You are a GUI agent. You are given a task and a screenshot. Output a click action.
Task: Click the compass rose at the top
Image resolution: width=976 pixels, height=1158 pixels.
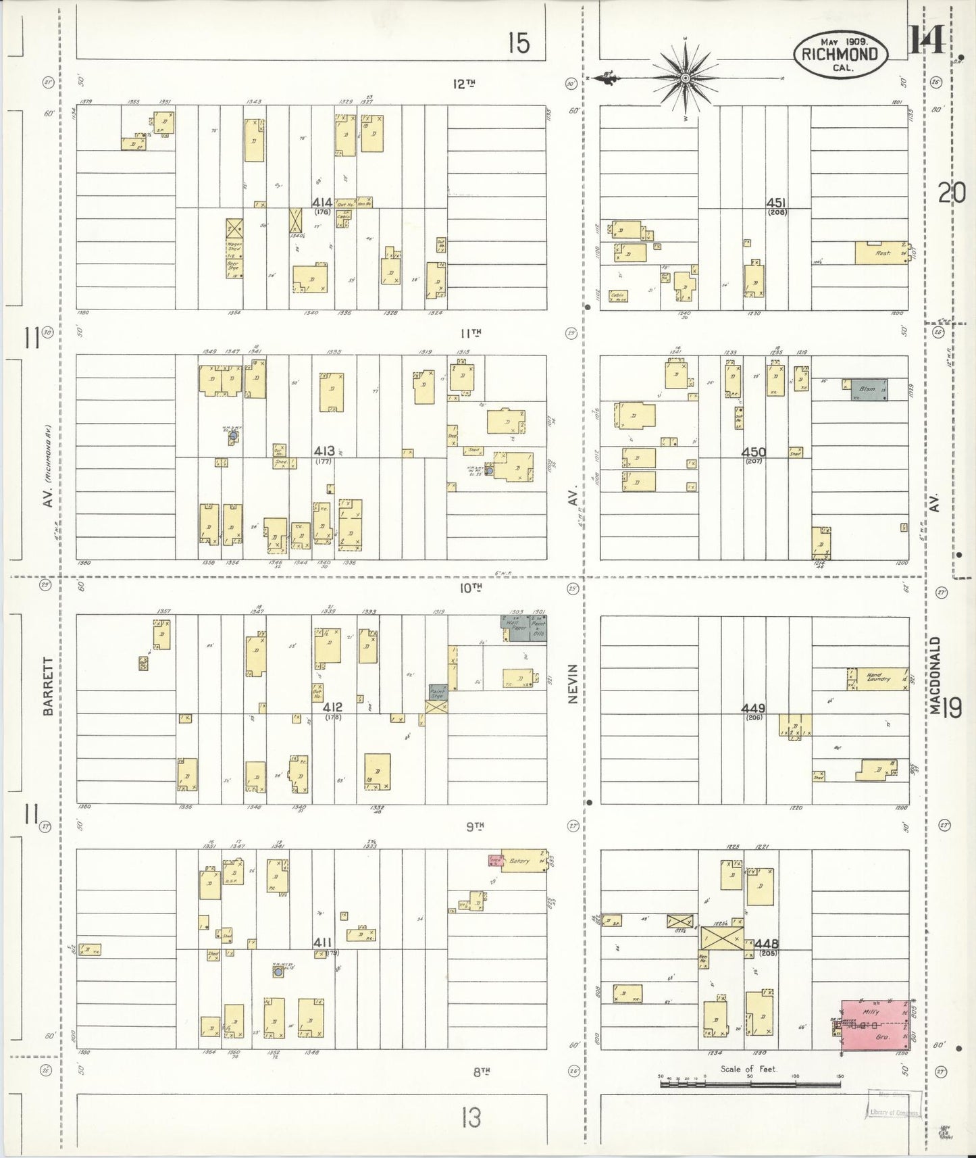(686, 78)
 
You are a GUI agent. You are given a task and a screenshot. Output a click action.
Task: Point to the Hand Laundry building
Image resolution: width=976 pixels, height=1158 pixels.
(878, 678)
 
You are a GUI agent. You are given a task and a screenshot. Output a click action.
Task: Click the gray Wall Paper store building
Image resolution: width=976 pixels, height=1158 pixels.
(515, 628)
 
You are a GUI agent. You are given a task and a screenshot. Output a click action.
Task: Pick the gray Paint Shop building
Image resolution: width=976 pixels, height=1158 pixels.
(438, 692)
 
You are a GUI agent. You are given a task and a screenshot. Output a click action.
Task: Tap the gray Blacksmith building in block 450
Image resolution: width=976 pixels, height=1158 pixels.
(865, 389)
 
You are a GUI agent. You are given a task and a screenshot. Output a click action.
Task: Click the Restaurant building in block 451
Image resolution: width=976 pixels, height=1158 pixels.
(881, 253)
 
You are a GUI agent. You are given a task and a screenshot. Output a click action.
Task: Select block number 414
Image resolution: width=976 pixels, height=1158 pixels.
(322, 202)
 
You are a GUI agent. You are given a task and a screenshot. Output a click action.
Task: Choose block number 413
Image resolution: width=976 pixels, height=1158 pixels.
(322, 451)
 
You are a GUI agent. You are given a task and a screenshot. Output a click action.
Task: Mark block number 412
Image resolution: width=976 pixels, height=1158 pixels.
(332, 707)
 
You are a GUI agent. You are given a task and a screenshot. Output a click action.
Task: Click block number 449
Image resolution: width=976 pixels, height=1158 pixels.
(753, 708)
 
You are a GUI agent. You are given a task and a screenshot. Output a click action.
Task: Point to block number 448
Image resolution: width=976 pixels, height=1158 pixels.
(767, 943)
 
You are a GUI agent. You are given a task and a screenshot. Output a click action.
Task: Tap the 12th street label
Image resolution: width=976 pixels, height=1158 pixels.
(463, 84)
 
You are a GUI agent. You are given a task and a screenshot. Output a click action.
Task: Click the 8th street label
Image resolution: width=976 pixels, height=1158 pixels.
(481, 1071)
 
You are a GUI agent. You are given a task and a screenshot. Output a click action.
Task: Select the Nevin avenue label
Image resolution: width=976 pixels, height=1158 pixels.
(573, 684)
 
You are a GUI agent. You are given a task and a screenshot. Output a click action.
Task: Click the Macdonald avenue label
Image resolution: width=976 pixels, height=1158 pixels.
(935, 674)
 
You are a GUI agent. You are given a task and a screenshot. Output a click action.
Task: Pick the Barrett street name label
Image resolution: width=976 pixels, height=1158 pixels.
(47, 685)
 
